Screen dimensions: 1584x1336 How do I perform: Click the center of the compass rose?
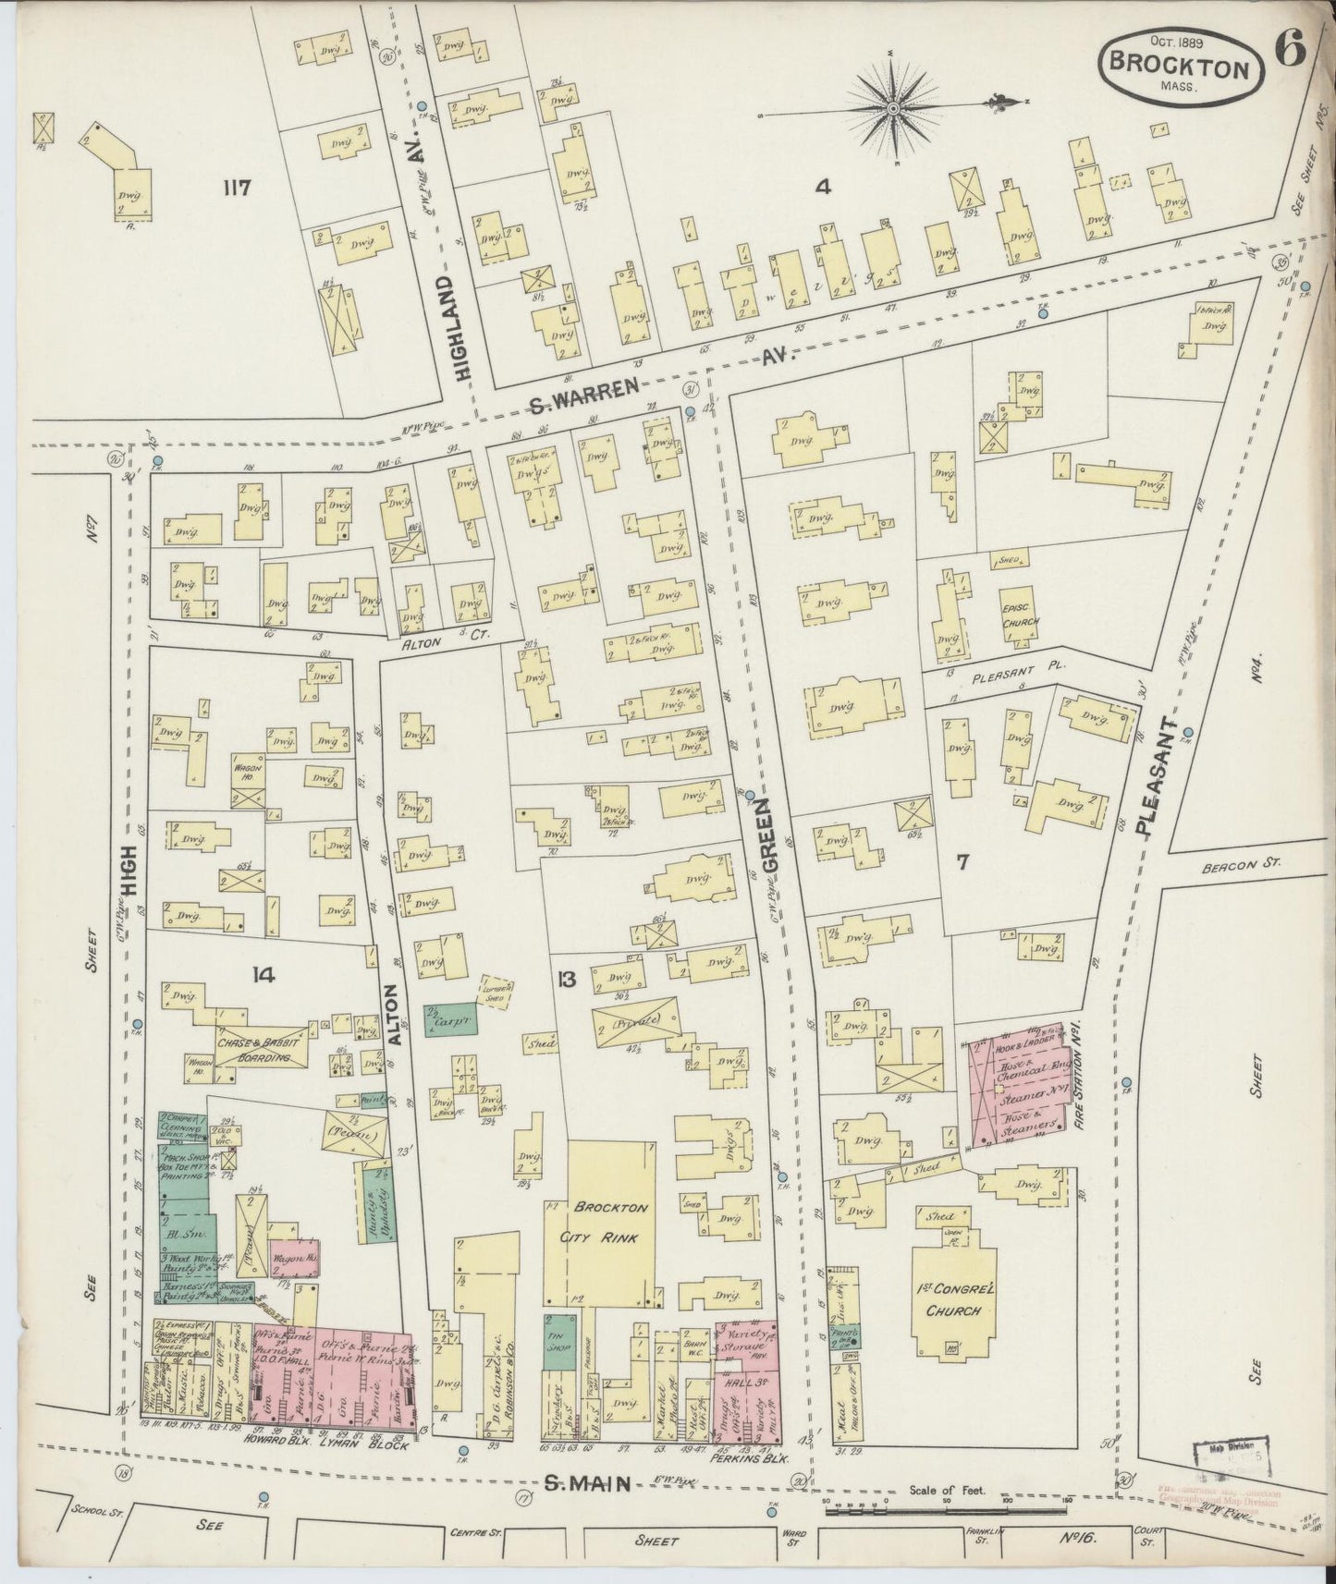[893, 110]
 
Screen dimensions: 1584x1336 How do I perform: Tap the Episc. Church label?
[1014, 615]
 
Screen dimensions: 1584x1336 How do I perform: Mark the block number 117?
[238, 189]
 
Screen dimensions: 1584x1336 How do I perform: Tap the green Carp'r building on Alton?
[443, 1017]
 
